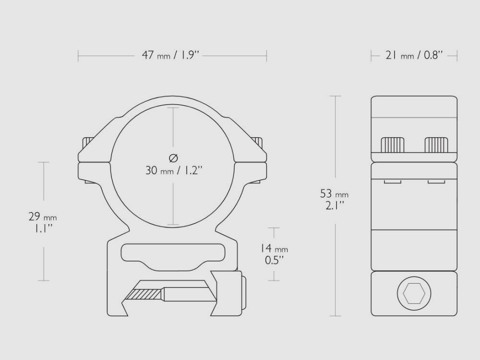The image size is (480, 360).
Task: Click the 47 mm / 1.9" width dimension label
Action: pyautogui.click(x=170, y=56)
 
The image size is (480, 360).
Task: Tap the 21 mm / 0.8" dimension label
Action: pyautogui.click(x=414, y=56)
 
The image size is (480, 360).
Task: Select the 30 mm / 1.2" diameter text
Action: pyautogui.click(x=174, y=170)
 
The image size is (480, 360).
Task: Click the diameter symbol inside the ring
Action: pyautogui.click(x=174, y=157)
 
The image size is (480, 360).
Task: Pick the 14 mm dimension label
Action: pyautogui.click(x=274, y=249)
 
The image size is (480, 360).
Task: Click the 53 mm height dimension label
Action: pyautogui.click(x=335, y=194)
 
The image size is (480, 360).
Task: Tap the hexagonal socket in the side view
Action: pyautogui.click(x=414, y=293)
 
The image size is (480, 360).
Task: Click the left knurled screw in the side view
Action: pyautogui.click(x=392, y=144)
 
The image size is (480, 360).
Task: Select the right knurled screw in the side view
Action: pyautogui.click(x=436, y=144)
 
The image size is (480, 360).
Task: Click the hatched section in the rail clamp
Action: pyautogui.click(x=146, y=293)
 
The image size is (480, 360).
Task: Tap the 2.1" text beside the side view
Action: pyautogui.click(x=335, y=206)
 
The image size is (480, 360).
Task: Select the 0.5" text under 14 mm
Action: pyautogui.click(x=274, y=260)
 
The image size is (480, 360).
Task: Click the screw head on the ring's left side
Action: pyautogui.click(x=87, y=142)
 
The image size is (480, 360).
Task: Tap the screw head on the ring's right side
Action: pyautogui.click(x=259, y=142)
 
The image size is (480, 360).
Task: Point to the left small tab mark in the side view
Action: pyautogui.click(x=392, y=181)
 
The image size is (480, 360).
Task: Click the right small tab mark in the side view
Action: pyautogui.click(x=436, y=181)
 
